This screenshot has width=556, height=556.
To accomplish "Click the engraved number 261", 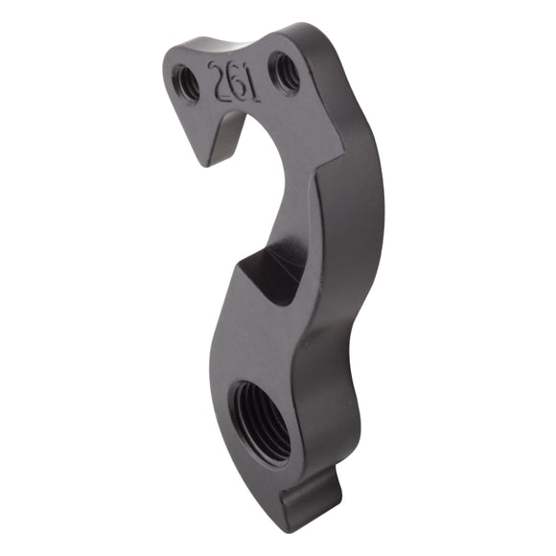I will pos(234,81).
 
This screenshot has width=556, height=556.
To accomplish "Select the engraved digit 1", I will pos(250,83).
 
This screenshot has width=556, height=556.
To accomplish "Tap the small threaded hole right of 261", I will pos(284,70).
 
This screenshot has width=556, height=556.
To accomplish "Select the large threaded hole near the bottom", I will pos(261,420).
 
